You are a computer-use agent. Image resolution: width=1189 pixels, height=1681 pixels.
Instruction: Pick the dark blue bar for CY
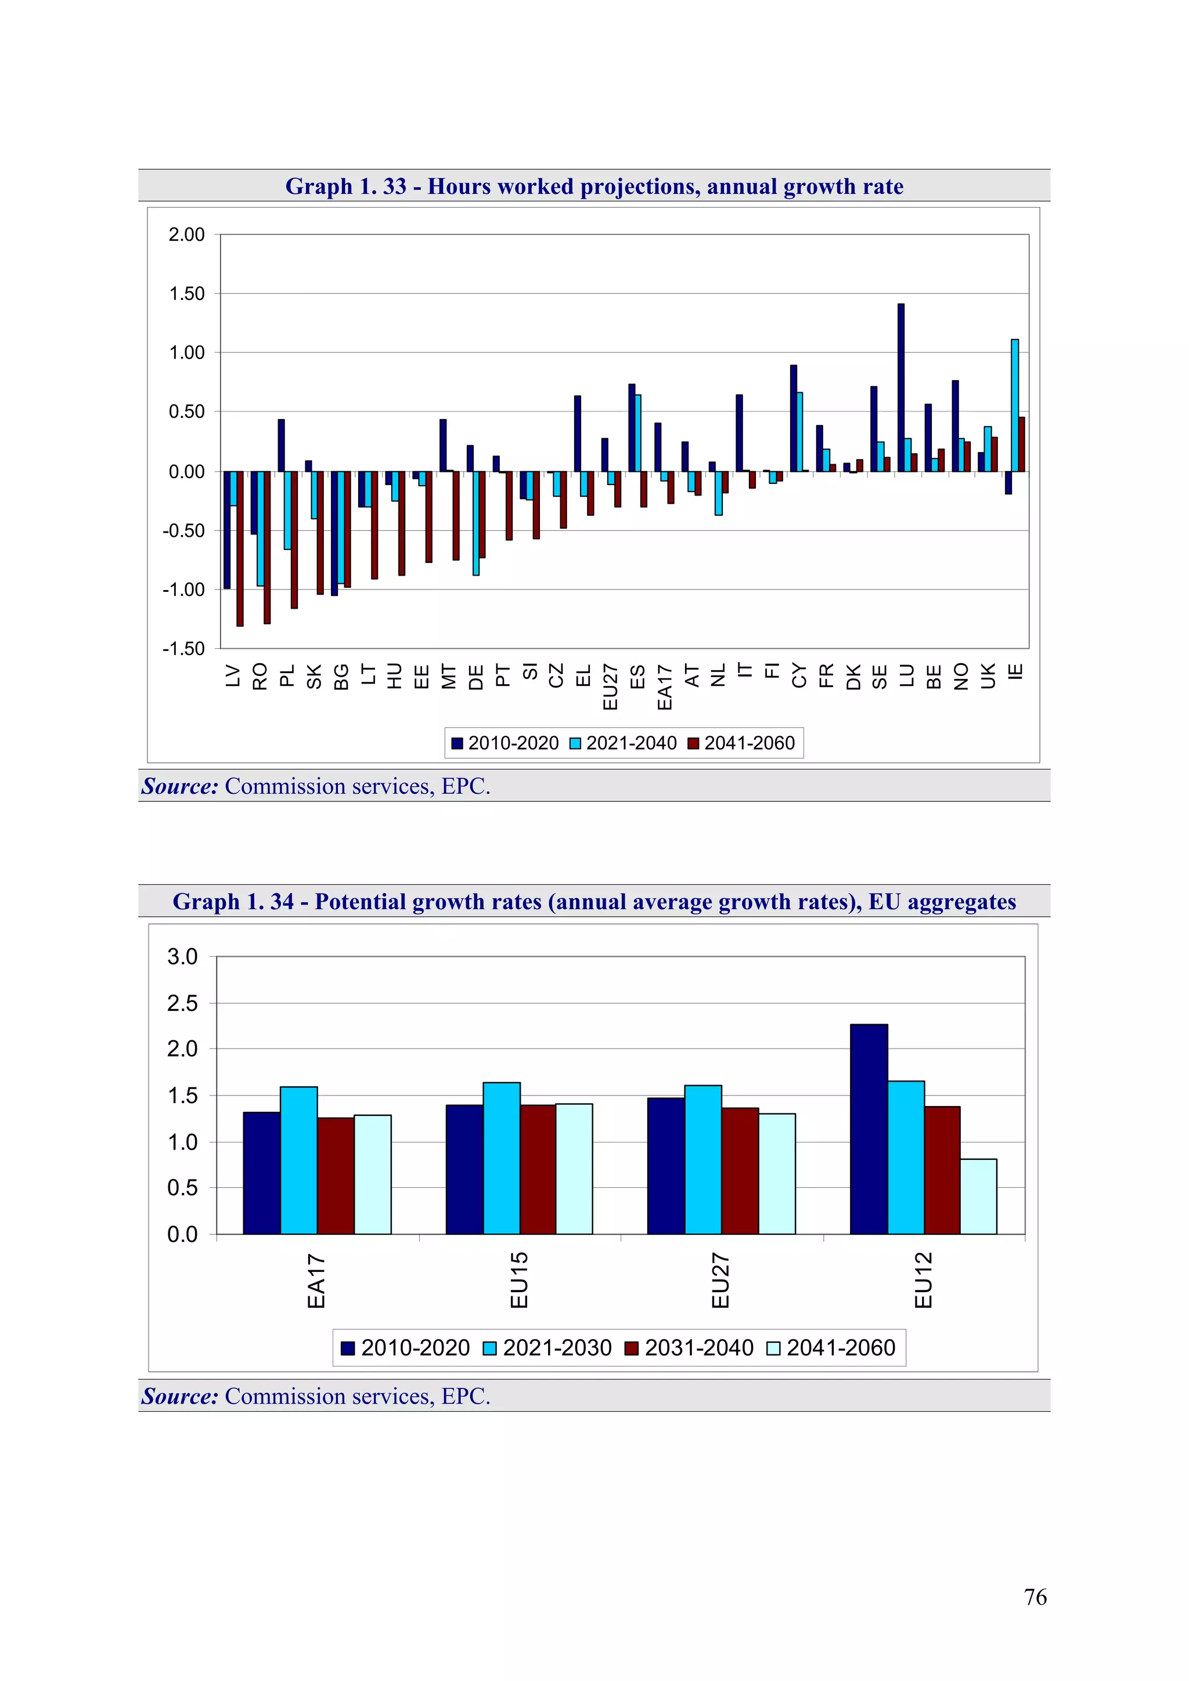[x=794, y=418]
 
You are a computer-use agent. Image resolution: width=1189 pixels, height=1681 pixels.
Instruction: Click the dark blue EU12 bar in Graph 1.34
[x=869, y=1129]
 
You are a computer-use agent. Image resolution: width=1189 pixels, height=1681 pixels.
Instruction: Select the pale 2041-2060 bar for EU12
[x=978, y=1196]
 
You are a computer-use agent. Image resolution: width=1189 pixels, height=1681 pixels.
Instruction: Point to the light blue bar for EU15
[x=501, y=1158]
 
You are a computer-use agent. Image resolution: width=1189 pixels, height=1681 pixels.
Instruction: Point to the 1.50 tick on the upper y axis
[x=187, y=294]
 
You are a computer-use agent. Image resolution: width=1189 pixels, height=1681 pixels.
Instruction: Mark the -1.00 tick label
[x=184, y=590]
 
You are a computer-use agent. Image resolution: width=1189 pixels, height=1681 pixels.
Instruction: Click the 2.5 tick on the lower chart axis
[x=182, y=1003]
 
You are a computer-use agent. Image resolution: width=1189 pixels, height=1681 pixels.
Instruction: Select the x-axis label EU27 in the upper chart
[x=610, y=688]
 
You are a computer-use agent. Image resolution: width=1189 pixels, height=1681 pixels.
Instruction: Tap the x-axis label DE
[x=475, y=677]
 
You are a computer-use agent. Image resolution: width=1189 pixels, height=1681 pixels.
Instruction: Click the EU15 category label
[x=518, y=1280]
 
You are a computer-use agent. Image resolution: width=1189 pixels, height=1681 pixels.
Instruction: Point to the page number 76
[x=1035, y=1597]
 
